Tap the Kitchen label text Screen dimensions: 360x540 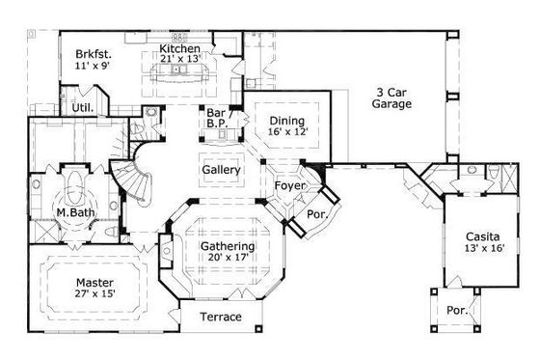[179, 49]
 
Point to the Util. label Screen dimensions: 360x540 [83, 108]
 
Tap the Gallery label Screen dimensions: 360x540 [221, 170]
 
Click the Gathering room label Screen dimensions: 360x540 [228, 246]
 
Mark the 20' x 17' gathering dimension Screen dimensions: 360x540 [228, 259]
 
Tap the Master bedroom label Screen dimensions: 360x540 [94, 282]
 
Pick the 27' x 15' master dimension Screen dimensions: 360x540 [94, 294]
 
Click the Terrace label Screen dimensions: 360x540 [220, 318]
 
